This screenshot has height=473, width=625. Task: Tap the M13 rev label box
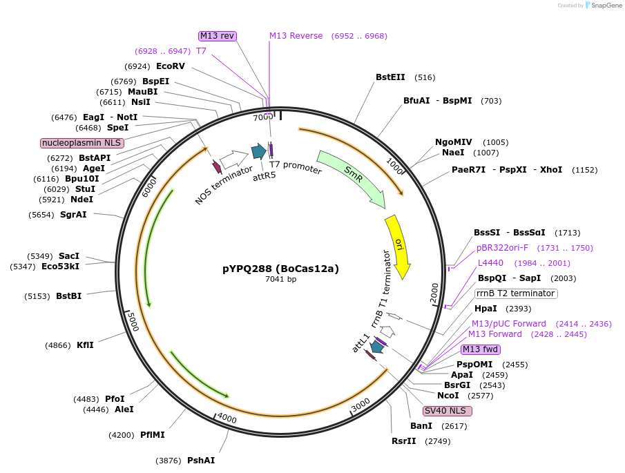(x=218, y=36)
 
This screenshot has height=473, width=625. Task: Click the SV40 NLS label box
(x=448, y=411)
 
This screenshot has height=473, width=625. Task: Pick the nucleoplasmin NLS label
(x=81, y=143)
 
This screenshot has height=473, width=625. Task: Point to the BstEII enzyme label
(x=390, y=77)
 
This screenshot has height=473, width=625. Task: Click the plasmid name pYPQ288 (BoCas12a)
(x=280, y=269)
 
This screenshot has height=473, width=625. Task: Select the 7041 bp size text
(x=280, y=280)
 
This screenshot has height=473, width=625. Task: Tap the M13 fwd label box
(x=480, y=349)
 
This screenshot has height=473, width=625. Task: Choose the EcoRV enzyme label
(x=171, y=66)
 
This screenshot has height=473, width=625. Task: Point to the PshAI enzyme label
(x=201, y=461)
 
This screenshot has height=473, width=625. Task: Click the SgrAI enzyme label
(x=73, y=215)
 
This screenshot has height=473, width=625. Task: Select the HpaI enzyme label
(x=485, y=309)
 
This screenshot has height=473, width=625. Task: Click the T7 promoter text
(x=296, y=167)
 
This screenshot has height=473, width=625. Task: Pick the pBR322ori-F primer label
(x=502, y=248)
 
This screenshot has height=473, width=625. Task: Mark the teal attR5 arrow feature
(x=259, y=152)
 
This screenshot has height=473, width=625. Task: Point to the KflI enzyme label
(x=85, y=345)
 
